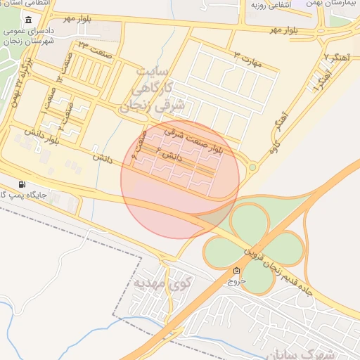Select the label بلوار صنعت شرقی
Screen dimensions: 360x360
click(x=193, y=138)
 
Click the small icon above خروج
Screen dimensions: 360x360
click(x=236, y=271)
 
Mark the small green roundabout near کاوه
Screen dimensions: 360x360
click(x=252, y=167)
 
